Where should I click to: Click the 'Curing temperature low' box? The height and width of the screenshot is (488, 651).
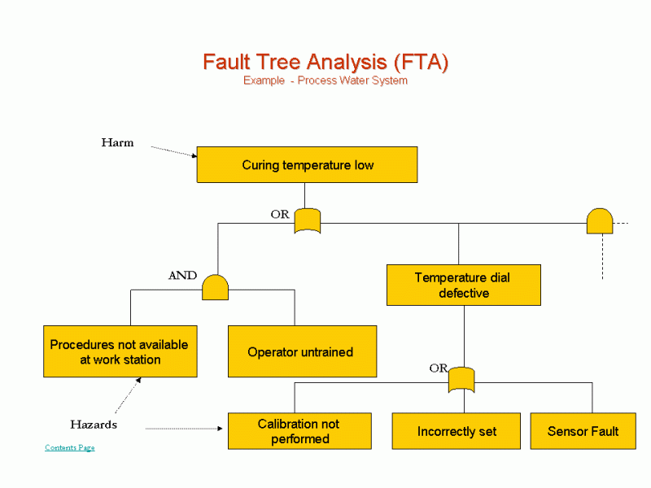coord(307,165)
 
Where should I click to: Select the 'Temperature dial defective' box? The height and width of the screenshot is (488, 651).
coord(463,285)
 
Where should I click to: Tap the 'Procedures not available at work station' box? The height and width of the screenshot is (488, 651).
coord(120,352)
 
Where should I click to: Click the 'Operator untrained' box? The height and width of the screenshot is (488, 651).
coord(301,352)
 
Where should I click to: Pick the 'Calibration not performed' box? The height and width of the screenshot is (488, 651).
coord(299,431)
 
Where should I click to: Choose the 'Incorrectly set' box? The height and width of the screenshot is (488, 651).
coord(456,431)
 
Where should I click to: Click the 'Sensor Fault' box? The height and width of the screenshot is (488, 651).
coord(583,431)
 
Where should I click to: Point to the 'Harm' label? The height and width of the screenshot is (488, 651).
coord(117,142)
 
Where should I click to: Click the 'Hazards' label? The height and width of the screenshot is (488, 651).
coord(93,425)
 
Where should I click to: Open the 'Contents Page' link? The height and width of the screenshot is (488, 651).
coord(69,448)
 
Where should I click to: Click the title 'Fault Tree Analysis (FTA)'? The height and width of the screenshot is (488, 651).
coord(325,62)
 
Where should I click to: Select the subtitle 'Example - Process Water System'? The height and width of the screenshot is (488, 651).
coord(325,81)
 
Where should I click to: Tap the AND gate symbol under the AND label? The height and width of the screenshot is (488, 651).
coord(215,287)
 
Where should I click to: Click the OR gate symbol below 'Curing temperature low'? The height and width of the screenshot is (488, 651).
coord(307,221)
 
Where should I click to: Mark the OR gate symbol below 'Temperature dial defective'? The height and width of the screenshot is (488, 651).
coord(461,380)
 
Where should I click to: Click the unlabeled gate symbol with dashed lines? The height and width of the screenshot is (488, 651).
coord(600,221)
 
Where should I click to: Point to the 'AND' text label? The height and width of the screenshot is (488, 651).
coord(182,276)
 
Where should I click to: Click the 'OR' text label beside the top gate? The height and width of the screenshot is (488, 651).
coord(280,215)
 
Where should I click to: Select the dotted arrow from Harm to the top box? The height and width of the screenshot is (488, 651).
coord(173,151)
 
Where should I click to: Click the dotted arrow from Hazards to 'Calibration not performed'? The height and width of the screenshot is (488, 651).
coord(186,429)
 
